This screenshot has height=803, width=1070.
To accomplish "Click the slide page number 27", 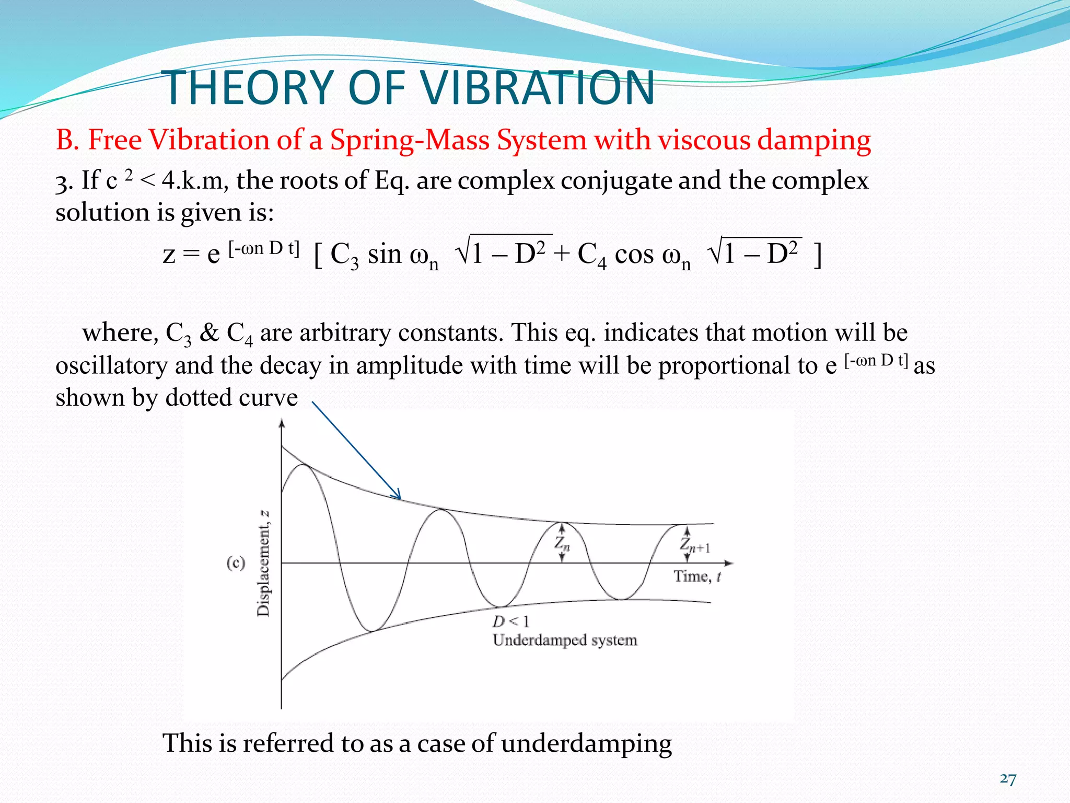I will (x=1008, y=779).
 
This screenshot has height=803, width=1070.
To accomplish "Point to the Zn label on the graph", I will (x=562, y=544).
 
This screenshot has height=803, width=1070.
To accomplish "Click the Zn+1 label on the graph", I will (x=695, y=545).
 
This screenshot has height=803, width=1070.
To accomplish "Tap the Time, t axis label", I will (x=697, y=576).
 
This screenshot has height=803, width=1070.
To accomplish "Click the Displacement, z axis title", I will (x=264, y=563).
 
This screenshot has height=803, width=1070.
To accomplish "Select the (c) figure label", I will (x=236, y=563).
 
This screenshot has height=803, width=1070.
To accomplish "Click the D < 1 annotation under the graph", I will (x=510, y=622).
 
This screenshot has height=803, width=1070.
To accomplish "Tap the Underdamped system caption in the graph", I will (x=565, y=640).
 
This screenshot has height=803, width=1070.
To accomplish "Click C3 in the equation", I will (x=345, y=256).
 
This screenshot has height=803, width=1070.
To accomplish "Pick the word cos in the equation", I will (x=634, y=255).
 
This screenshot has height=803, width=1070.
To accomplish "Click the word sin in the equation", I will (x=384, y=255).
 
